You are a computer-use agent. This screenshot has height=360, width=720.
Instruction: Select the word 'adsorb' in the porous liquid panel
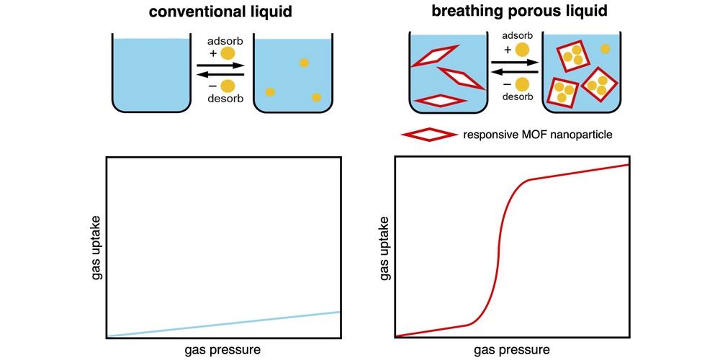tap(513, 36)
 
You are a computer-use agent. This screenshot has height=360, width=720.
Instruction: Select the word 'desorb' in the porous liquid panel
tap(513, 97)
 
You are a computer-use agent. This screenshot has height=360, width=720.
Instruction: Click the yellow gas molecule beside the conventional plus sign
tap(228, 53)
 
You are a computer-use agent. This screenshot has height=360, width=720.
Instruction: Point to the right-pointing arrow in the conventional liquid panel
tap(220, 65)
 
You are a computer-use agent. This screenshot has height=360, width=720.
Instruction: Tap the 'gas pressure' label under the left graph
tap(223, 350)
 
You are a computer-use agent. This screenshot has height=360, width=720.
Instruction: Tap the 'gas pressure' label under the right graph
tap(512, 350)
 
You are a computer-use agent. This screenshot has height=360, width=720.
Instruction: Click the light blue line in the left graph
tap(223, 324)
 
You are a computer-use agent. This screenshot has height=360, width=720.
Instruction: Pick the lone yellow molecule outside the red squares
tap(606, 49)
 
